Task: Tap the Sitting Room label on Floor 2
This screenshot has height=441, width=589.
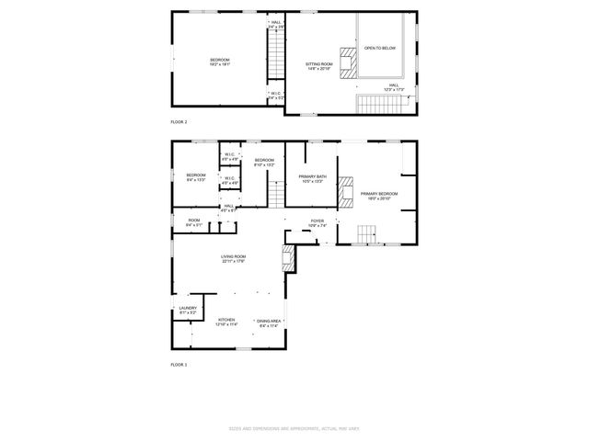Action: click(x=318, y=66)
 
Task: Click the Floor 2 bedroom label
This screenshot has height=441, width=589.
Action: click(x=219, y=62)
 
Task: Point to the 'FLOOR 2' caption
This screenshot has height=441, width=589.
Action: click(x=179, y=121)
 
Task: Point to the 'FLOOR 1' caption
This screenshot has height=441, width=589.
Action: click(x=179, y=365)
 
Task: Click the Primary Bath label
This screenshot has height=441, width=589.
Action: click(x=312, y=179)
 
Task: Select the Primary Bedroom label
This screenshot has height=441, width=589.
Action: click(x=379, y=195)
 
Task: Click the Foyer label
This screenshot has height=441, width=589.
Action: click(x=318, y=222)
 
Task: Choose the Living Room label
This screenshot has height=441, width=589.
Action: click(x=233, y=259)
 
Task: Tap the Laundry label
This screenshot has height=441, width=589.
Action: click(x=188, y=311)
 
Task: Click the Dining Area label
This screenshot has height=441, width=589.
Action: click(x=269, y=322)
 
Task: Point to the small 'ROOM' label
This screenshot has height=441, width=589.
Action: click(x=194, y=221)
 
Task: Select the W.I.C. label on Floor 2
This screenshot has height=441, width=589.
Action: click(x=275, y=94)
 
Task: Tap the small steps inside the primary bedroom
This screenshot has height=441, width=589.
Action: click(x=366, y=238)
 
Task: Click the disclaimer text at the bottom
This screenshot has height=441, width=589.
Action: click(x=294, y=428)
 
